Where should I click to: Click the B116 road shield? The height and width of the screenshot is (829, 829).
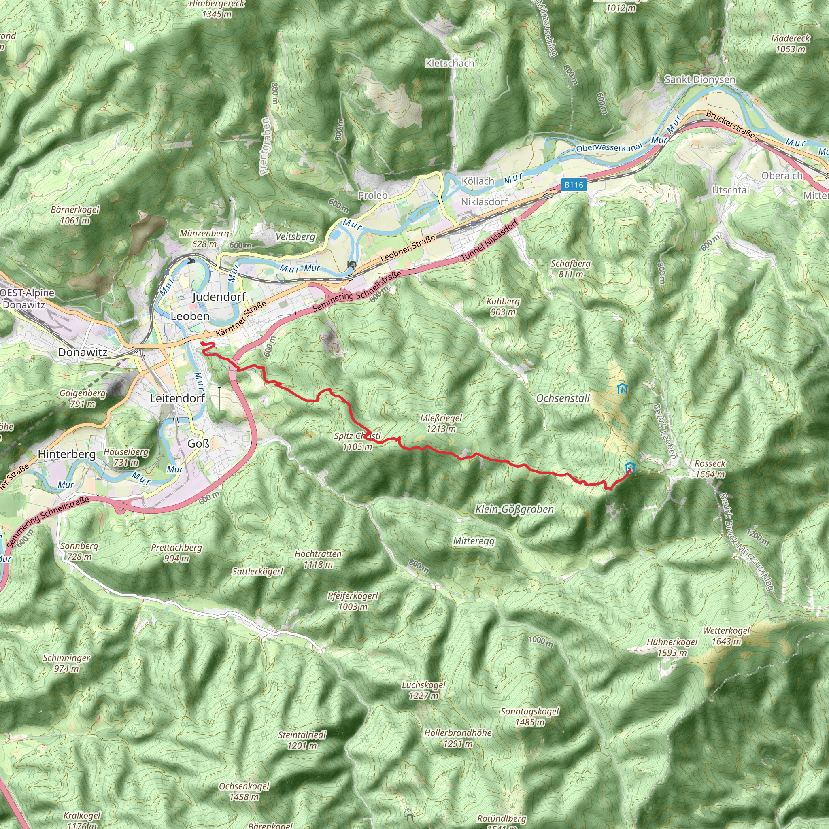[x=574, y=185]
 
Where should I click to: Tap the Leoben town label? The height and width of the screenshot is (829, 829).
[x=190, y=316]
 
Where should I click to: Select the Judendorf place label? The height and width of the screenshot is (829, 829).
[x=219, y=297]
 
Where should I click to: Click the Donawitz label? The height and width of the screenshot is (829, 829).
[x=83, y=352]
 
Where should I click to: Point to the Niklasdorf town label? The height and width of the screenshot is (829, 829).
[x=484, y=202]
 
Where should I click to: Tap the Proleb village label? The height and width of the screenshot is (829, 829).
[x=372, y=195]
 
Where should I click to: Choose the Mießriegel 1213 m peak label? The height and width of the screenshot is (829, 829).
[x=441, y=423]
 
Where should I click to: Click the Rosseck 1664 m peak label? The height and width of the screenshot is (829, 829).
[x=710, y=469]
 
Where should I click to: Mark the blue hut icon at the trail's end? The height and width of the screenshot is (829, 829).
[x=629, y=467]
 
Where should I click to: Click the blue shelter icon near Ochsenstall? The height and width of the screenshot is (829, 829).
[x=622, y=389]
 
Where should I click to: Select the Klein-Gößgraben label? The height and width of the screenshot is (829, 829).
[x=514, y=509]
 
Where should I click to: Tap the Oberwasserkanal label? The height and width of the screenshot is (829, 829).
[x=609, y=147]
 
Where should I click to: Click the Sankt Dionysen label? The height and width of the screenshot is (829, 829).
[x=699, y=79]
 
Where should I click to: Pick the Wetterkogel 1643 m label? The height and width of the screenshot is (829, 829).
[x=726, y=636]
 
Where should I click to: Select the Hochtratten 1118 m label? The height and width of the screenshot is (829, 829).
[x=318, y=559]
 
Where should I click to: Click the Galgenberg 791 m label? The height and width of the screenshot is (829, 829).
[x=83, y=398]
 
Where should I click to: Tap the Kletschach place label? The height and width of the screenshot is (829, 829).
[x=450, y=64]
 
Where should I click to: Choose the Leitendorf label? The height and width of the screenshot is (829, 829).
[x=177, y=398]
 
